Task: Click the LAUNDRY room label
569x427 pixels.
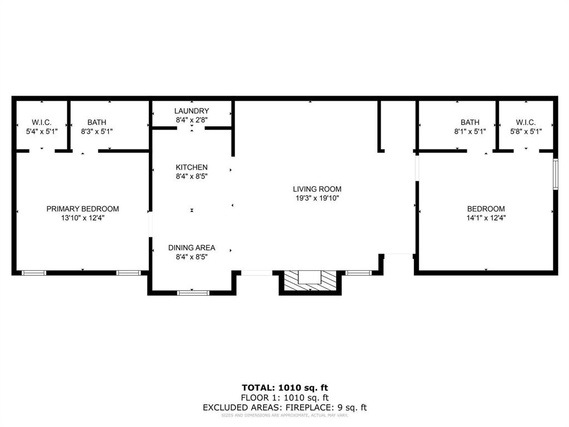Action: click(192, 111)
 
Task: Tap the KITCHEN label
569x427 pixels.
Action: click(192, 167)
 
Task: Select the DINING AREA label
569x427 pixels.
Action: click(192, 248)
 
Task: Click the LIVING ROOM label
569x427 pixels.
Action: click(317, 189)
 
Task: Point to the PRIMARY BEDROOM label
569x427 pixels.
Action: click(82, 209)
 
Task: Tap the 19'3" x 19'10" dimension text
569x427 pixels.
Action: click(317, 198)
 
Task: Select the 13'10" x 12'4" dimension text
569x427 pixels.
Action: click(82, 218)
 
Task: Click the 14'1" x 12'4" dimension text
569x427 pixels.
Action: click(486, 218)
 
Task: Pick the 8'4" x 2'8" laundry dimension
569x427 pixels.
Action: click(192, 120)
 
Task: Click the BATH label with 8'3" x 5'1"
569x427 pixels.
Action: click(97, 122)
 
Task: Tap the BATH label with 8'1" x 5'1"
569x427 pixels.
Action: click(470, 122)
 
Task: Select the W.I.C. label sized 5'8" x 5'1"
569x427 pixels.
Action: click(525, 122)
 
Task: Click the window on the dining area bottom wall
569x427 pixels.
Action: click(193, 292)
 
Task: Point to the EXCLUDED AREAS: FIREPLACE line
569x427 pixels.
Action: click(284, 408)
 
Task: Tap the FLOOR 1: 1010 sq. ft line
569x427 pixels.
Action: click(284, 398)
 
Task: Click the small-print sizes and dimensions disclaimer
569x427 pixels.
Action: click(284, 415)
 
